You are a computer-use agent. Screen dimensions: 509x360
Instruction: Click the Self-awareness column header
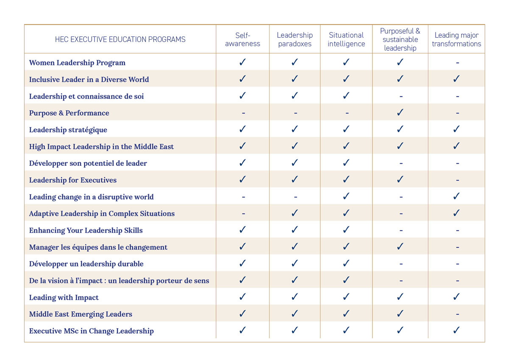pos(243,39)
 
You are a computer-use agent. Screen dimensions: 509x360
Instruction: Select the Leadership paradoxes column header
pos(295,39)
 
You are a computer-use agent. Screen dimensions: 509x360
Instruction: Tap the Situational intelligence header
pos(346,39)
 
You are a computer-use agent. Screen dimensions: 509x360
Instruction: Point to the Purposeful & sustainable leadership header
pos(400,39)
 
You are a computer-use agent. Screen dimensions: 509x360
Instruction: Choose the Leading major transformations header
pos(456,39)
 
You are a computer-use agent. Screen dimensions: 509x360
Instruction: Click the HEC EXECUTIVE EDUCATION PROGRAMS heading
pos(120,39)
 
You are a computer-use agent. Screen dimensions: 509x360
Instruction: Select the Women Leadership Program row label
pos(77,63)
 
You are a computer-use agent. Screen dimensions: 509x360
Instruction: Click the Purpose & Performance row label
pos(69,113)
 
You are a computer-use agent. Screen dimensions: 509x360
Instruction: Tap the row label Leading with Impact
pos(64,298)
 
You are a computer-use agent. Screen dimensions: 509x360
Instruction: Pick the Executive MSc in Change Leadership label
pos(91,331)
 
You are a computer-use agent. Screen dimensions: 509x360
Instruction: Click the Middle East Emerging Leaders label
pos(81,314)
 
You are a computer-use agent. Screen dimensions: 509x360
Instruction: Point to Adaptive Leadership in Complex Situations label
pos(102,214)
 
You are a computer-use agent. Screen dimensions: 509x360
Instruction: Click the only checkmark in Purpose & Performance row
pos(400,113)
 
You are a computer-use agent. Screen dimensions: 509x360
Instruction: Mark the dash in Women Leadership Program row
pos(457,63)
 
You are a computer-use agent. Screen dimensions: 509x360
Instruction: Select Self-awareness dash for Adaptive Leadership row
pos(243,214)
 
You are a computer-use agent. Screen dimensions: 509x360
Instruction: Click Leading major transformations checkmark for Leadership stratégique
pos(456,129)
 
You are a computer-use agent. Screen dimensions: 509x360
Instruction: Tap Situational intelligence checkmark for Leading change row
pos(346,196)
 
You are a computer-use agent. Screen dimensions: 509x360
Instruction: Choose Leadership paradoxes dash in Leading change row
pos(295,197)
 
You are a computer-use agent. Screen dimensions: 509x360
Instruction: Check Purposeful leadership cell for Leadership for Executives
pos(400,180)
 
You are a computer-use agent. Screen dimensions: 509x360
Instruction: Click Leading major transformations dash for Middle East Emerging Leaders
pos(457,315)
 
